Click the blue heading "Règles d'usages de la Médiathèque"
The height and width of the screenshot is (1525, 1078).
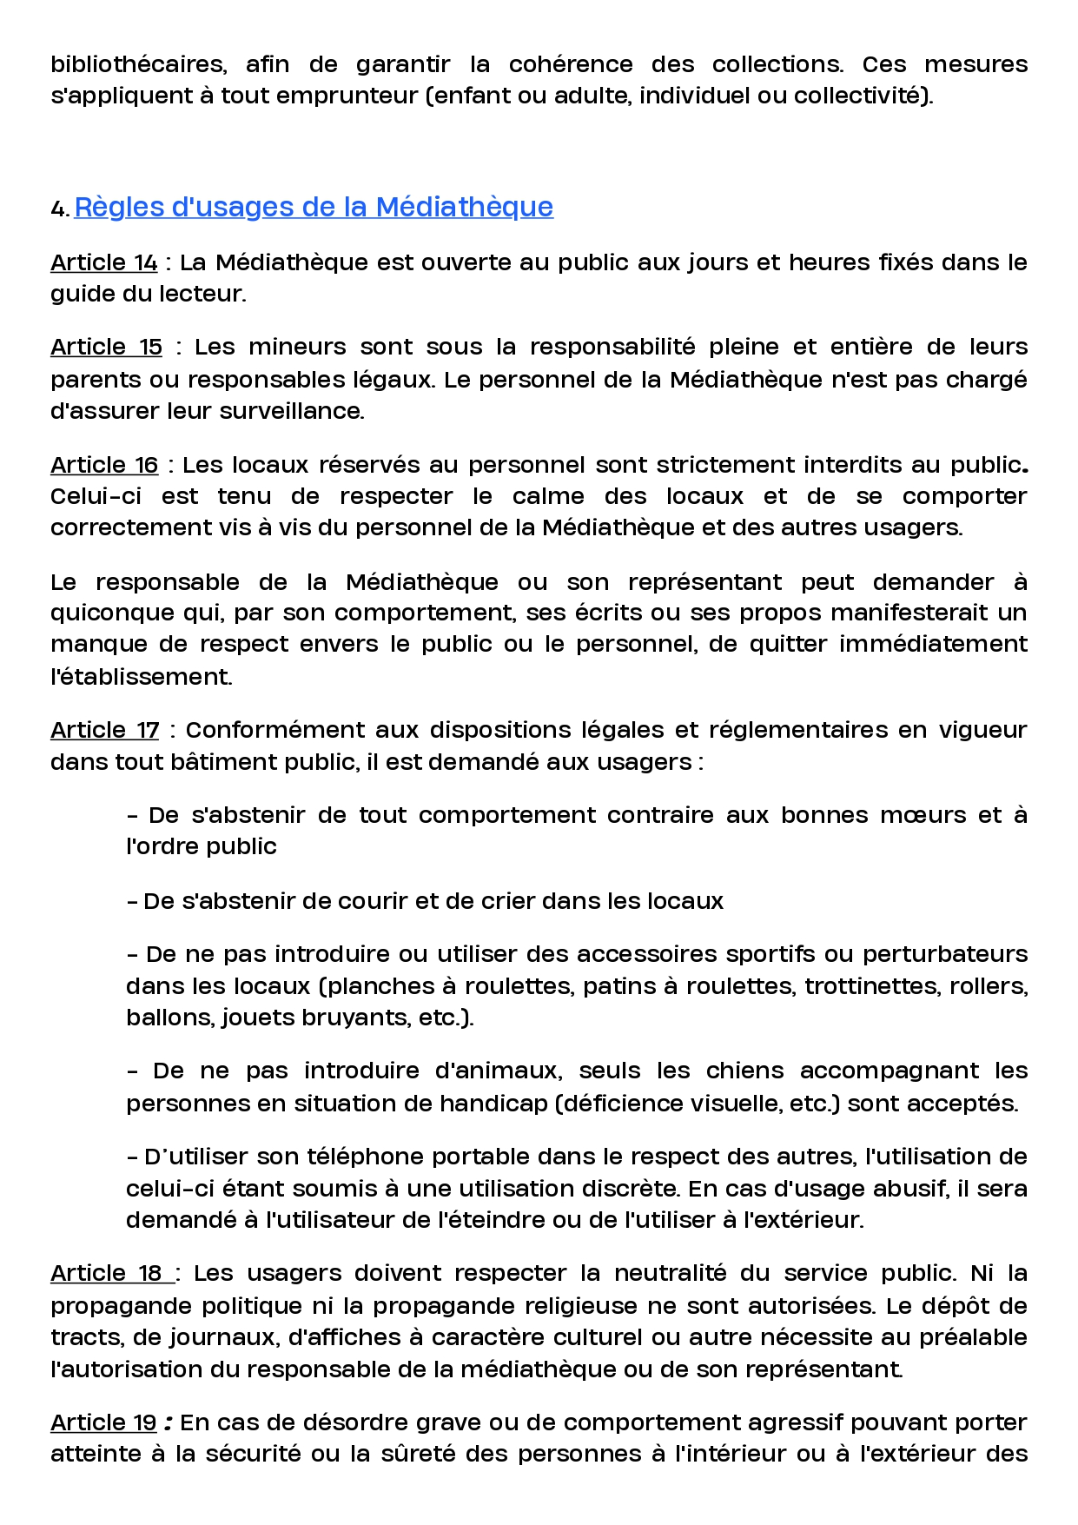314,207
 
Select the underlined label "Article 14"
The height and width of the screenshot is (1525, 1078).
104,262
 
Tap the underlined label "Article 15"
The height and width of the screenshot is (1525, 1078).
106,347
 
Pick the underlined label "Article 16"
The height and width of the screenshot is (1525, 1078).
104,465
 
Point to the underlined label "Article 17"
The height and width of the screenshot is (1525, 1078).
104,730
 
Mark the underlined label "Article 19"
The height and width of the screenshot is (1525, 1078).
103,1422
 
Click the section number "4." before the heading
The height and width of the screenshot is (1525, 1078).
59,209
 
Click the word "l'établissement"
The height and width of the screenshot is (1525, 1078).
141,676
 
